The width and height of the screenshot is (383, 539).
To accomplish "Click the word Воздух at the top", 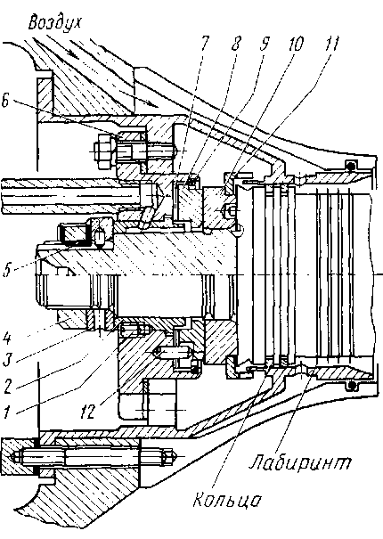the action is pyautogui.click(x=55, y=23).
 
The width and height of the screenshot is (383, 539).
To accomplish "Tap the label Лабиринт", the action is pyautogui.click(x=300, y=462).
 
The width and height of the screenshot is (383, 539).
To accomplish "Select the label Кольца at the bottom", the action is pyautogui.click(x=227, y=500).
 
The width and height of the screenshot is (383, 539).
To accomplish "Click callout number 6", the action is pyautogui.click(x=6, y=102).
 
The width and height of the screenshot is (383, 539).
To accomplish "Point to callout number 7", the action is pyautogui.click(x=204, y=43).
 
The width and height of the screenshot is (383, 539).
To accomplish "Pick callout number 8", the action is pyautogui.click(x=236, y=43).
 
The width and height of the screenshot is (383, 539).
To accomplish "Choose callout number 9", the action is pyautogui.click(x=264, y=43).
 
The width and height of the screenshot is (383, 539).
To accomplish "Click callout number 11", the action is pyautogui.click(x=330, y=43).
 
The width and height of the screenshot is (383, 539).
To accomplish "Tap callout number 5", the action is pyautogui.click(x=6, y=269).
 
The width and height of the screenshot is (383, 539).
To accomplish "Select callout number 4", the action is pyautogui.click(x=7, y=339).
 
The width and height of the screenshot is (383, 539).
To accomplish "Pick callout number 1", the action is pyautogui.click(x=7, y=411).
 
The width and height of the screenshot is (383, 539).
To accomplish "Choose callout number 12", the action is pyautogui.click(x=87, y=411).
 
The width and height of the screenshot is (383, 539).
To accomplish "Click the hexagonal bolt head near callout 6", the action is pyautogui.click(x=102, y=151).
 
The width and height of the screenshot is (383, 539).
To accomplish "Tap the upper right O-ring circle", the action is pyautogui.click(x=350, y=167).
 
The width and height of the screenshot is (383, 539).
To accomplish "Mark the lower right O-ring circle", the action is pyautogui.click(x=351, y=386).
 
